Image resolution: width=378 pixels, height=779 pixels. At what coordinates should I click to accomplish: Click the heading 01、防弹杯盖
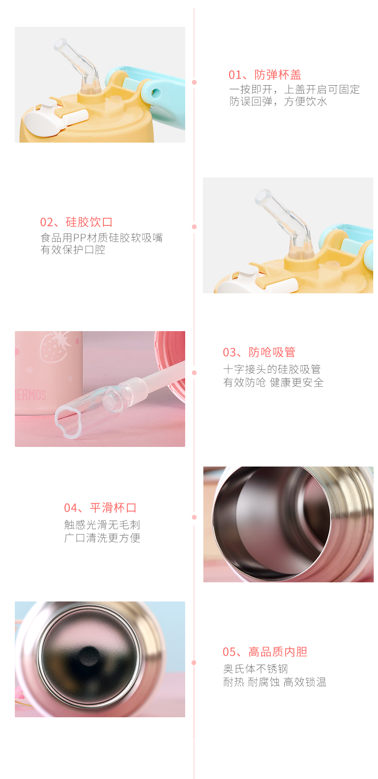click(x=265, y=75)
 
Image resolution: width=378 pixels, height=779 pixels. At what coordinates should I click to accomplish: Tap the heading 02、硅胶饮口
click(x=76, y=222)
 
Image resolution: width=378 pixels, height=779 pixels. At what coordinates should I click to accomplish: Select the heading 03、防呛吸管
click(x=259, y=352)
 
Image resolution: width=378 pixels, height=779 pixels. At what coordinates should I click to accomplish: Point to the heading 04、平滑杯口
click(x=100, y=508)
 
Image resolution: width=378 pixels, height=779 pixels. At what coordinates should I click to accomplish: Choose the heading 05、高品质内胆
click(x=265, y=652)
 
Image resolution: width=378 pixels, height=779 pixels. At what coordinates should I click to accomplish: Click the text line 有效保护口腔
click(x=73, y=250)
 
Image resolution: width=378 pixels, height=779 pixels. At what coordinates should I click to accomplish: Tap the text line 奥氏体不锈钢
click(x=256, y=669)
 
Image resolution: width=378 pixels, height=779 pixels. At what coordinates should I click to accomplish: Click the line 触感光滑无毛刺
click(x=102, y=524)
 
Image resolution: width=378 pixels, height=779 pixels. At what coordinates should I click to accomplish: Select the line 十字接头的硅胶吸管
click(x=272, y=369)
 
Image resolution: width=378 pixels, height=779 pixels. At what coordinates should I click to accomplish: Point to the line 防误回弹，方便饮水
click(x=278, y=101)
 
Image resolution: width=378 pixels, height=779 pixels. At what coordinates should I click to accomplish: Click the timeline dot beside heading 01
click(x=194, y=82)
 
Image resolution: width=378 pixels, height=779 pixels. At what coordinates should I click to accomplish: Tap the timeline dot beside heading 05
click(x=194, y=663)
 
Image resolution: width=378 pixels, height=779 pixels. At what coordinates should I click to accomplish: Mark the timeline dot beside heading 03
click(x=194, y=373)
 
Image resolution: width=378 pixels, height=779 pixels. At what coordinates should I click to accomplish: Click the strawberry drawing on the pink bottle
click(x=55, y=347)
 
